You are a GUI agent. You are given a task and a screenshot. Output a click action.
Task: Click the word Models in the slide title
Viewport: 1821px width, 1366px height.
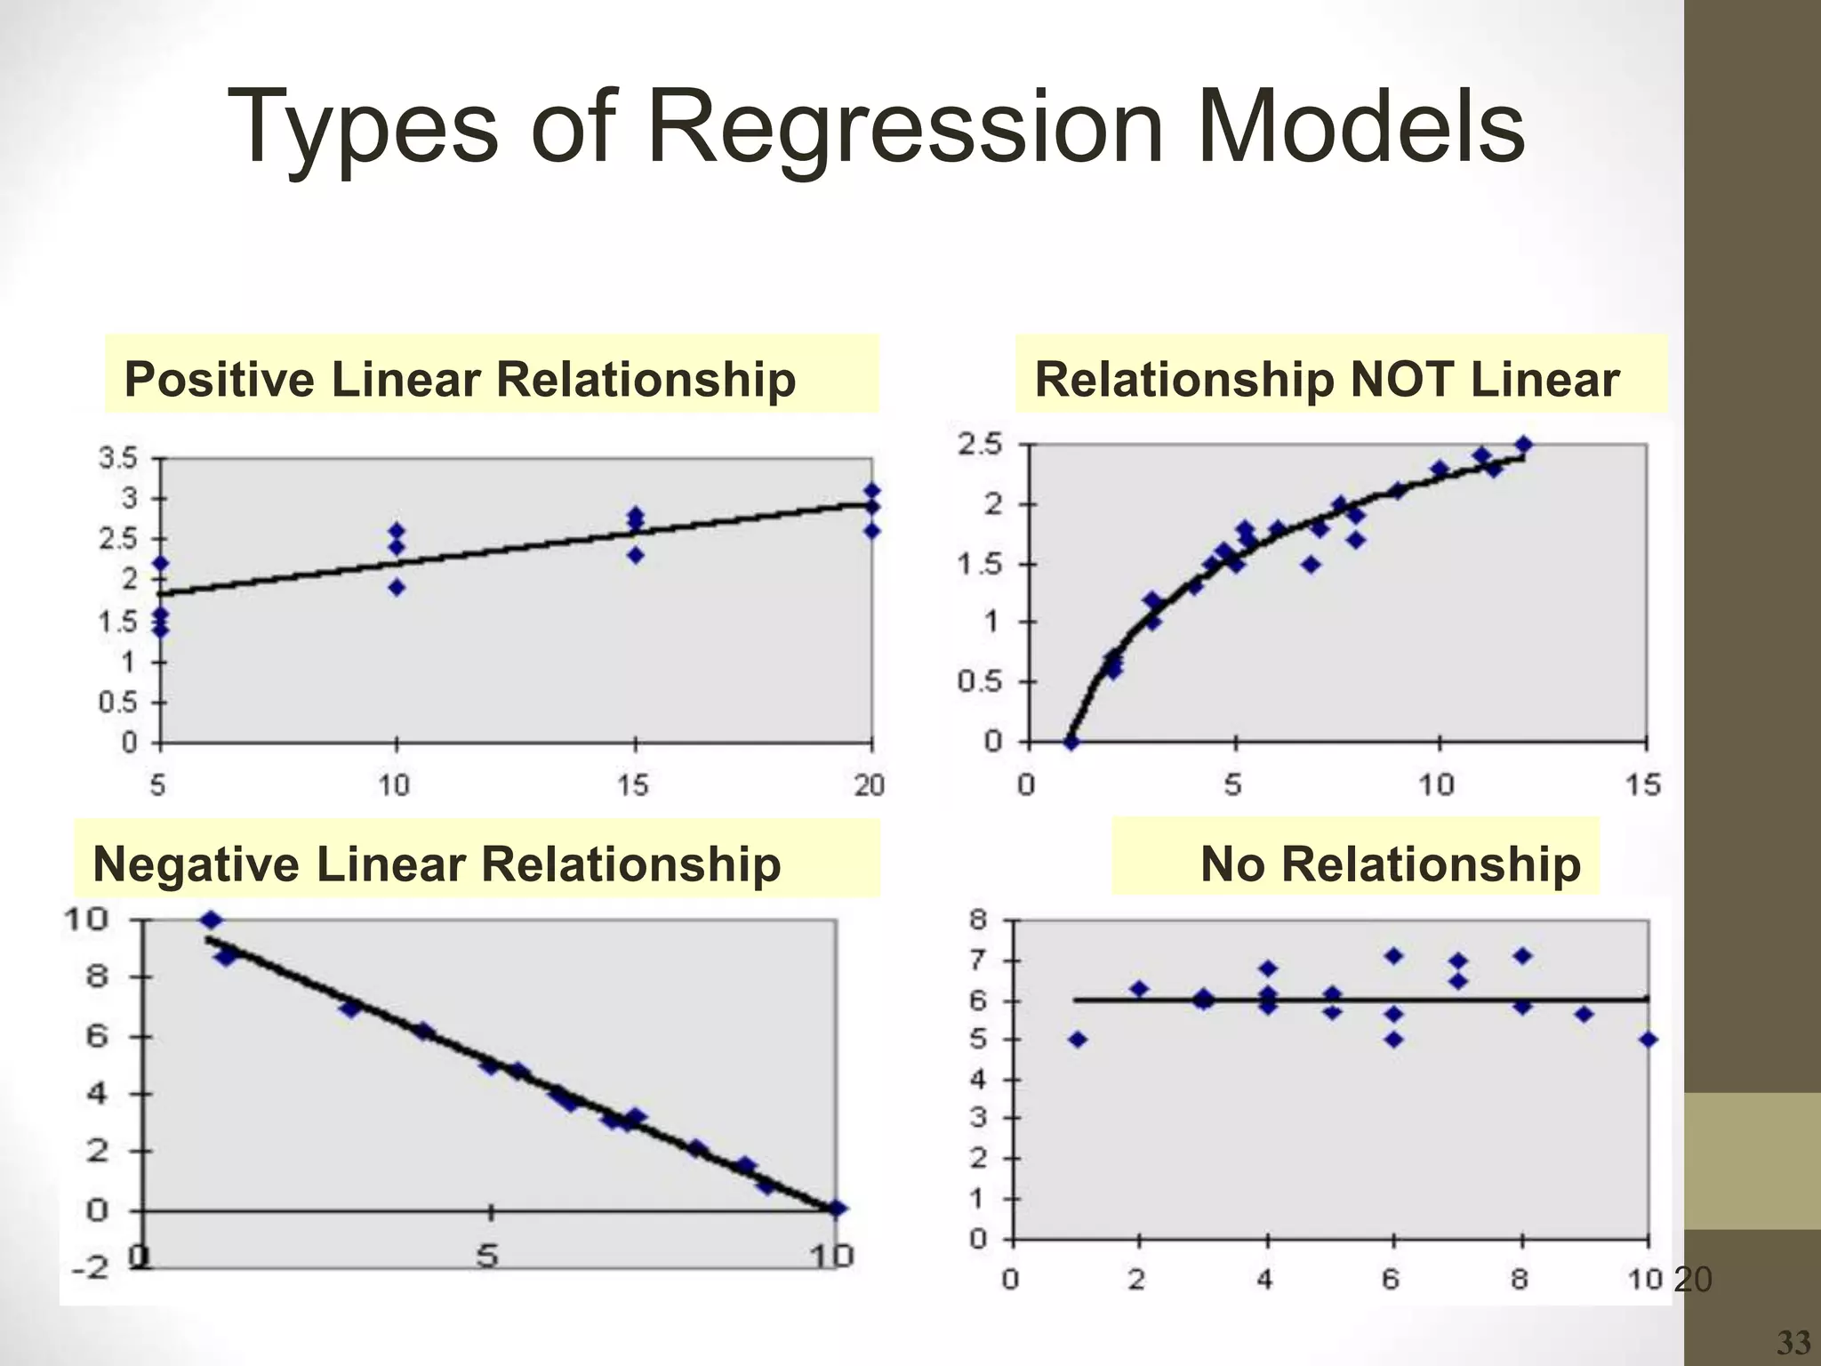1361,127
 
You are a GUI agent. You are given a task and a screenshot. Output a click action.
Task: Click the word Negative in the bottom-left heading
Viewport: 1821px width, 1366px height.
196,864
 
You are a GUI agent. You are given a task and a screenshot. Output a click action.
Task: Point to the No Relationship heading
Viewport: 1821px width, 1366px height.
1390,864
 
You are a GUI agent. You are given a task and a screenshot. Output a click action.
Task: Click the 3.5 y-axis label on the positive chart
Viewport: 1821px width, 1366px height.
118,459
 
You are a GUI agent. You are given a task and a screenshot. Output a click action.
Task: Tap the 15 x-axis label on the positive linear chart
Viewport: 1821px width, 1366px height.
633,784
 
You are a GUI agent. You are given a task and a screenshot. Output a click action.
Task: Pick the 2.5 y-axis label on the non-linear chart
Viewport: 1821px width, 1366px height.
980,444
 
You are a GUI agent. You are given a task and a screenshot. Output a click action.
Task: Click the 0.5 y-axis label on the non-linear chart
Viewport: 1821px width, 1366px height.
980,682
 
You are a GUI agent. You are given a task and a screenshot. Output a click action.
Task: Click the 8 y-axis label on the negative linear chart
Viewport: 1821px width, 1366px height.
96,976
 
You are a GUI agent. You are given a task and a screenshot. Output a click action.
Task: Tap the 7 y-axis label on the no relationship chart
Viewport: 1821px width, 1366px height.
978,960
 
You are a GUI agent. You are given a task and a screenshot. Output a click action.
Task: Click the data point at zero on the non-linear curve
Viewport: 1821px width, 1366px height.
1071,742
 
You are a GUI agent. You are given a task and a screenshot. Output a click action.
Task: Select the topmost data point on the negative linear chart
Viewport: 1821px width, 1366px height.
211,920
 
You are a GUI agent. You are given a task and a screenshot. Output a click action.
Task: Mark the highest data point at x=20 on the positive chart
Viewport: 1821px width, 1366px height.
872,490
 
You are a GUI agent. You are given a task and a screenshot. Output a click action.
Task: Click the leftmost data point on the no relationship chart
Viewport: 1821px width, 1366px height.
1078,1040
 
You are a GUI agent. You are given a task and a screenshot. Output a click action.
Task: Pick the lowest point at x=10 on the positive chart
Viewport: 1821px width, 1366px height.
397,587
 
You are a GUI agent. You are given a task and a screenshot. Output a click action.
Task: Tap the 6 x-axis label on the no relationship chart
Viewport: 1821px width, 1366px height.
1392,1280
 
